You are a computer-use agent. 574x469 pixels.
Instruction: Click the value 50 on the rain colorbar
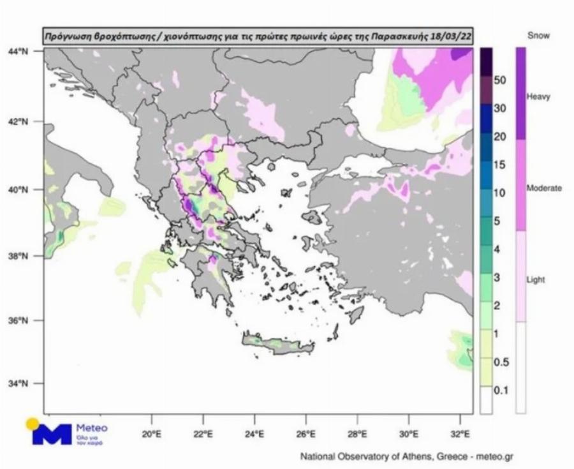click(x=499, y=80)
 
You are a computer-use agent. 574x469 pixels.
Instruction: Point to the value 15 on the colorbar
click(x=499, y=165)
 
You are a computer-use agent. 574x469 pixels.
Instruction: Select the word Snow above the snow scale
click(x=538, y=36)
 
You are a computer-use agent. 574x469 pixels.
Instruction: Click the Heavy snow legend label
click(x=538, y=97)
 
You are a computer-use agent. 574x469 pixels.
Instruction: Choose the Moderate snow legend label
click(x=543, y=188)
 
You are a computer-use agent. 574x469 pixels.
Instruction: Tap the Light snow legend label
click(x=536, y=280)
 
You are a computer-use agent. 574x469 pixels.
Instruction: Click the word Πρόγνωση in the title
click(x=67, y=34)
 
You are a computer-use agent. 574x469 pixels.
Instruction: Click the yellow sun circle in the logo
click(x=32, y=424)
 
